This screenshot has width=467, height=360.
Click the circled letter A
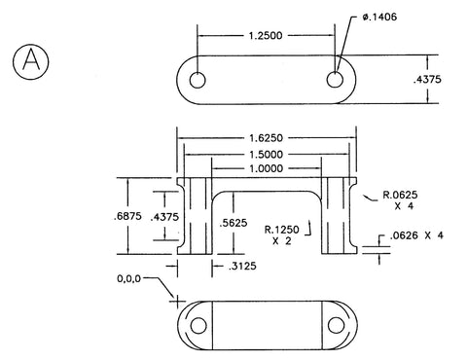click(x=31, y=61)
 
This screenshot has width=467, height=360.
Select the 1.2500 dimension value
click(x=266, y=35)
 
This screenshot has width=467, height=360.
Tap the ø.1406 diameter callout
click(x=379, y=17)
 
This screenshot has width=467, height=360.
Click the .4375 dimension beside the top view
click(x=427, y=80)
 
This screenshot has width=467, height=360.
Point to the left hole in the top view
click(x=198, y=80)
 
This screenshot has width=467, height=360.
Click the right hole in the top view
click(x=335, y=80)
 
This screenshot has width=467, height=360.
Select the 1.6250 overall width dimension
click(x=266, y=138)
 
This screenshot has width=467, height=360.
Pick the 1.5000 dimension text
click(x=266, y=155)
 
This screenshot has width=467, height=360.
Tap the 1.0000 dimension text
click(x=266, y=168)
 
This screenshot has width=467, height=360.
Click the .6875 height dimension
click(x=127, y=216)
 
